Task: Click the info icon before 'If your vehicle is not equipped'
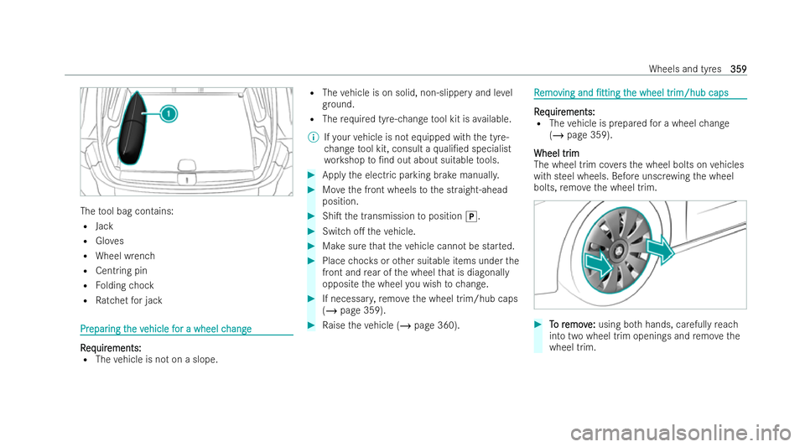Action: coord(312,137)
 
